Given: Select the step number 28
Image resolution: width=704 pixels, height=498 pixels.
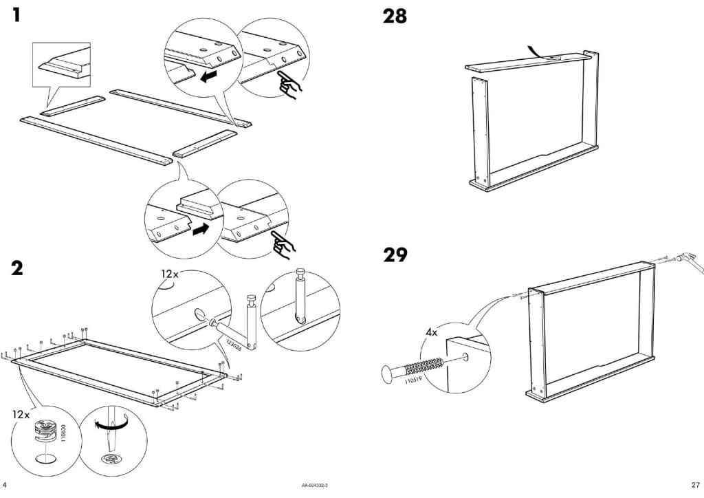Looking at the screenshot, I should [x=395, y=16].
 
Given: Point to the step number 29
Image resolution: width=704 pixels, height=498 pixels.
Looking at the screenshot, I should [x=395, y=257].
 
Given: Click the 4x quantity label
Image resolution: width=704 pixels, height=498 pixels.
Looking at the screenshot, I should [x=432, y=332].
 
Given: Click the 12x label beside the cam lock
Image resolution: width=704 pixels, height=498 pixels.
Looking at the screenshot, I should [x=21, y=415].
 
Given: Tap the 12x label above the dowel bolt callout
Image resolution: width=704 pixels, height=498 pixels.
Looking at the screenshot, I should [x=169, y=274].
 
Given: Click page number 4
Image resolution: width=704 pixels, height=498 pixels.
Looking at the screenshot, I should [x=5, y=485].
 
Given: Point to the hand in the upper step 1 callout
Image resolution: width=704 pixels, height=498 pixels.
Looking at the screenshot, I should [x=290, y=88].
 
